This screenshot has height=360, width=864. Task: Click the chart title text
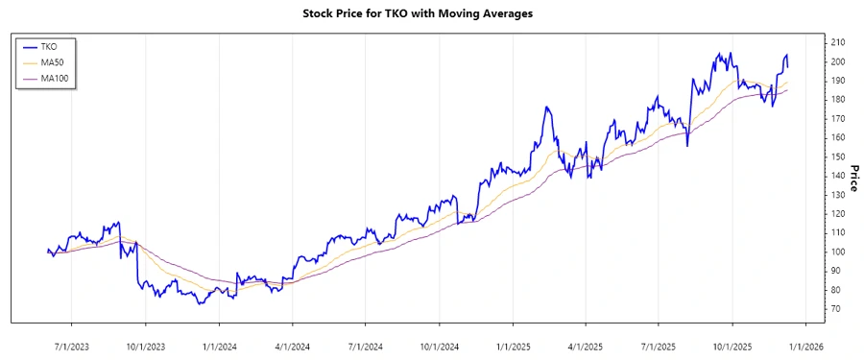coord(430,14)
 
